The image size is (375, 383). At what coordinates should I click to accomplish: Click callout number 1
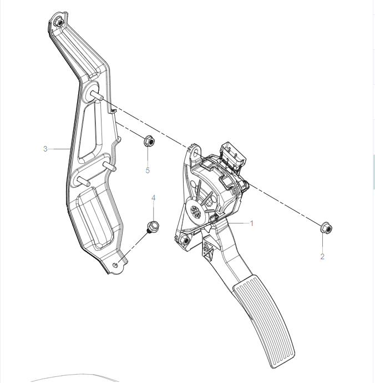(252, 224)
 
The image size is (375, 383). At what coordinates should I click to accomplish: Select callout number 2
(322, 256)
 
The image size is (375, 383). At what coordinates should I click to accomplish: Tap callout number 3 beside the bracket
(45, 149)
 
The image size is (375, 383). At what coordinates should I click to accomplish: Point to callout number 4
(154, 198)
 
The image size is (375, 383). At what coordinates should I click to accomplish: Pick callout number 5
(148, 170)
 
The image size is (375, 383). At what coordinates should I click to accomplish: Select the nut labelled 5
(148, 141)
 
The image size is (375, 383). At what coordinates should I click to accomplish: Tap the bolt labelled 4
(151, 226)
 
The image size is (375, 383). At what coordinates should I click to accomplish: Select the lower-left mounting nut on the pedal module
(184, 240)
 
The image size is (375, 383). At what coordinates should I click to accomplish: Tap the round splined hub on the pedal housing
(196, 211)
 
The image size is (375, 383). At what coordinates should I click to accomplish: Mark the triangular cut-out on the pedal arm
(210, 253)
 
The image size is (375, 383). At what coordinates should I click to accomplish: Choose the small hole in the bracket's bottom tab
(115, 265)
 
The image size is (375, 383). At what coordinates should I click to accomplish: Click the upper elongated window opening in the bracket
(92, 133)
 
